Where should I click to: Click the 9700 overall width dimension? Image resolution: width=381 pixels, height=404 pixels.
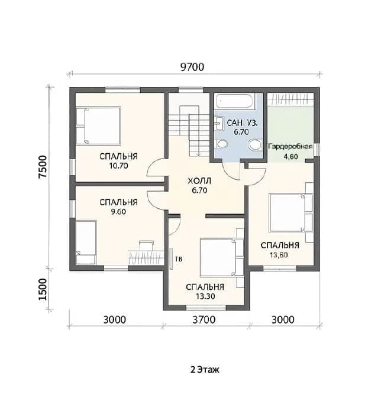click(x=192, y=67)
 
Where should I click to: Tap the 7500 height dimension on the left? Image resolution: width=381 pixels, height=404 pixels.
click(x=43, y=167)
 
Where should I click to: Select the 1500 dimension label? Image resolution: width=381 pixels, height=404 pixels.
click(x=43, y=289)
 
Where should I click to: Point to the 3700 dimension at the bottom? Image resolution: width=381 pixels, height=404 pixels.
click(x=204, y=320)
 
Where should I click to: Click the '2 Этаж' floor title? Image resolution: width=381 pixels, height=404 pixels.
click(x=205, y=370)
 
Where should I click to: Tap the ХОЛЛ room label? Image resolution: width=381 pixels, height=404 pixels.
click(x=199, y=181)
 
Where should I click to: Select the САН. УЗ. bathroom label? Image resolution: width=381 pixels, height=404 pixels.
click(x=242, y=122)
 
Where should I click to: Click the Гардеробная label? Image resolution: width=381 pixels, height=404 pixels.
click(x=290, y=146)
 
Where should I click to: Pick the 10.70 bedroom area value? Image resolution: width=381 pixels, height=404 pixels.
click(x=118, y=166)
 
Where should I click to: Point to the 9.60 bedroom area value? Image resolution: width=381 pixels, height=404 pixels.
click(x=118, y=212)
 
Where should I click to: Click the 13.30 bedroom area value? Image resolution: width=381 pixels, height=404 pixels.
click(x=205, y=296)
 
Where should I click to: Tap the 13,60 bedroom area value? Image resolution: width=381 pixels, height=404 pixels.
click(x=279, y=255)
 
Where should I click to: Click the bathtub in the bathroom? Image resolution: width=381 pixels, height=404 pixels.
click(x=235, y=101)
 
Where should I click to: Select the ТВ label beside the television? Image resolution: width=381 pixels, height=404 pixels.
click(x=179, y=259)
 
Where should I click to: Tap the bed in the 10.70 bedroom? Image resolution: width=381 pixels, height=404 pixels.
click(x=98, y=125)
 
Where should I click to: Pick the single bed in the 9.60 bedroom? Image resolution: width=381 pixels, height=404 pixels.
click(x=86, y=242)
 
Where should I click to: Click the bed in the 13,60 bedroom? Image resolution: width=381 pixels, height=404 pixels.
click(x=290, y=212)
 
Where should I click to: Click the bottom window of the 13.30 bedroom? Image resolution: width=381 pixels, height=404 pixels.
click(x=206, y=307)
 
